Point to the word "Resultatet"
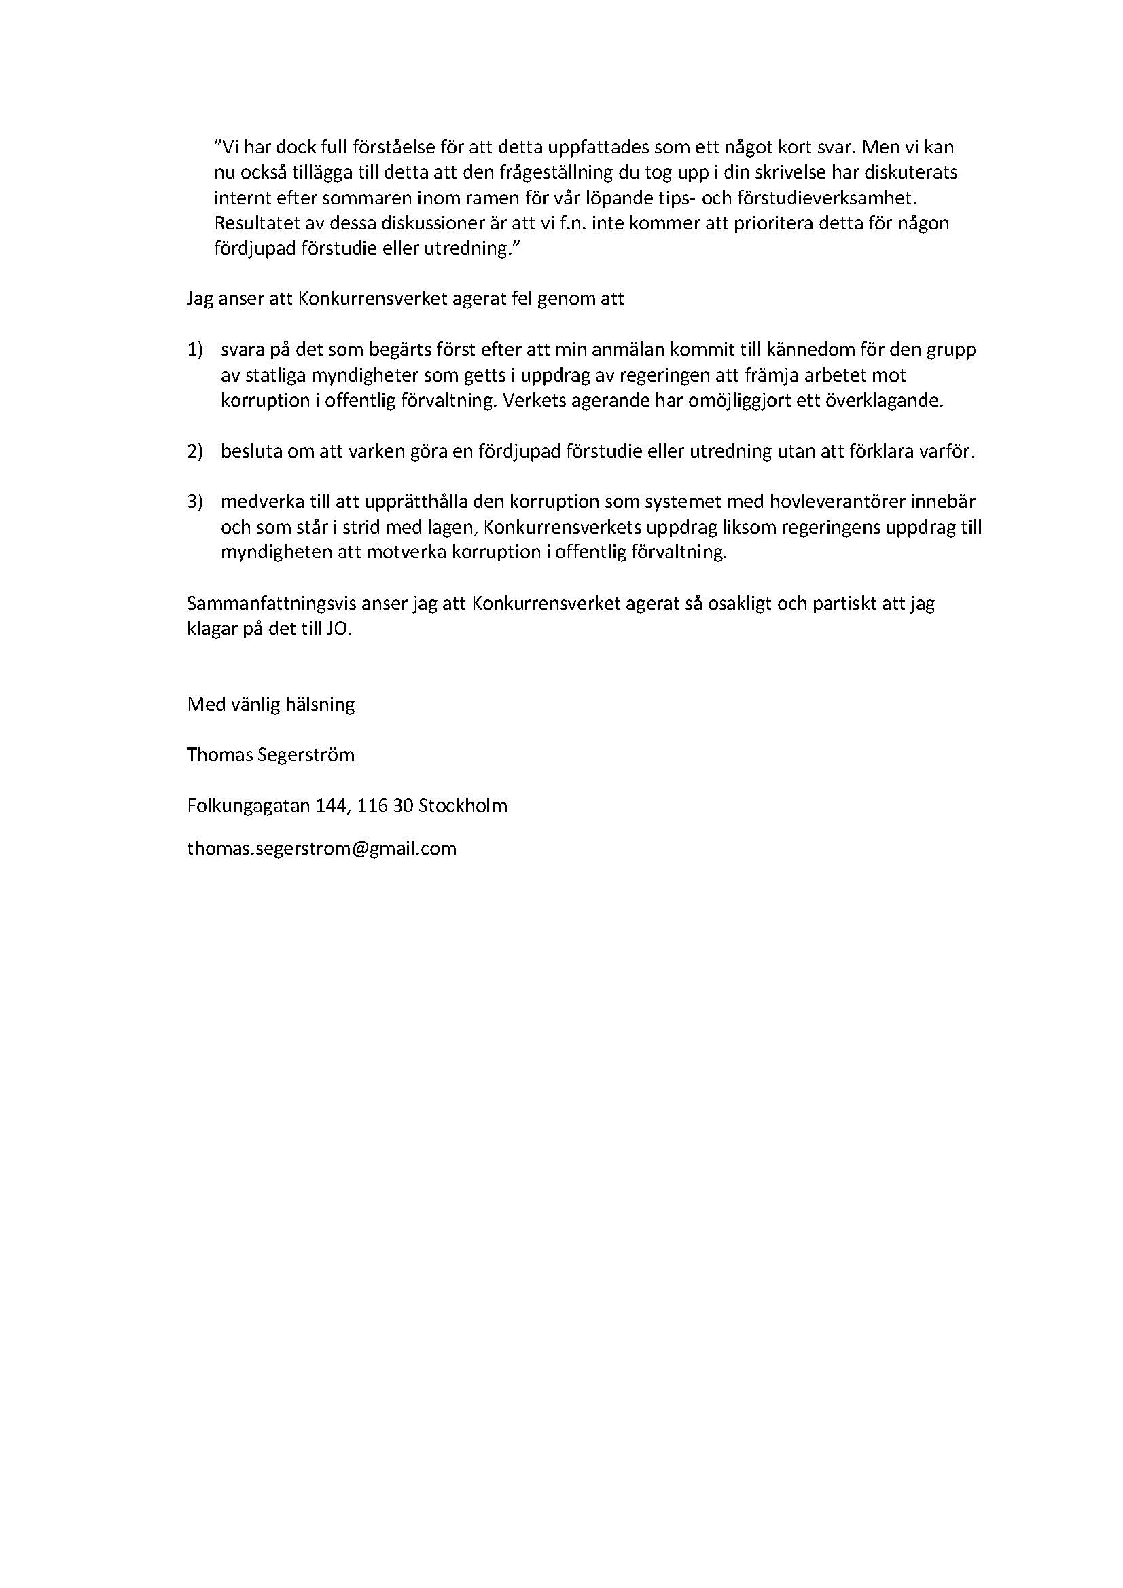click(254, 223)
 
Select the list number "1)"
click(194, 350)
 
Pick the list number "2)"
click(194, 451)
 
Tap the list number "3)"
click(194, 502)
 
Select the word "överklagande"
click(885, 401)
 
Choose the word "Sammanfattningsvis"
click(270, 604)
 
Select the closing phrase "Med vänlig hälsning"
click(270, 705)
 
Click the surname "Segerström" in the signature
click(306, 754)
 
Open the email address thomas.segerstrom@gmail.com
click(322, 849)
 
